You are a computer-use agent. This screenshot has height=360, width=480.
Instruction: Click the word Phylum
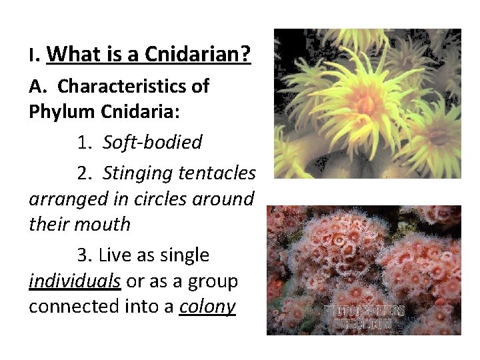click(x=57, y=111)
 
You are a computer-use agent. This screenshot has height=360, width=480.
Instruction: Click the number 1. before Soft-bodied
click(x=85, y=142)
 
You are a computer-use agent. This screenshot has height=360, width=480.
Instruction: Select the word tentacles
click(x=217, y=173)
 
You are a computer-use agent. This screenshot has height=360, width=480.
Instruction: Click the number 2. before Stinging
click(x=85, y=173)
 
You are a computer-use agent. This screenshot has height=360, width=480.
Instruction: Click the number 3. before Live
click(x=85, y=255)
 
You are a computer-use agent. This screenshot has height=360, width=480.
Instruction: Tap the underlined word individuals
click(x=75, y=281)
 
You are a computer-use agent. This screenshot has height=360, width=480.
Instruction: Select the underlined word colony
click(x=207, y=306)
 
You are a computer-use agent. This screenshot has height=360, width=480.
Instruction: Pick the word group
click(x=213, y=281)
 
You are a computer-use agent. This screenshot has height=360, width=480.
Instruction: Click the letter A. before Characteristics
click(x=36, y=86)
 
